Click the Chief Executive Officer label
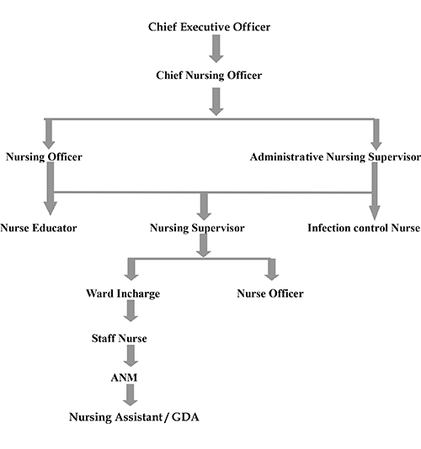[209, 27]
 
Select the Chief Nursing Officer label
[209, 76]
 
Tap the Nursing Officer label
[44, 157]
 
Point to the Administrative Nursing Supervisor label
[335, 157]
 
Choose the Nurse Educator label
[39, 228]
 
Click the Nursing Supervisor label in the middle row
[197, 228]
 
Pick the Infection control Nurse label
[364, 228]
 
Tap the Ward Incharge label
[123, 293]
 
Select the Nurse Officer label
[270, 293]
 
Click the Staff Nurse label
[120, 338]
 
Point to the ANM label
[124, 378]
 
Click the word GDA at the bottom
[185, 417]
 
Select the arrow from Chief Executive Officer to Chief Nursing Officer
[216, 49]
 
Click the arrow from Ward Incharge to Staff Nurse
[131, 311]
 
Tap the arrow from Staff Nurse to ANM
[131, 356]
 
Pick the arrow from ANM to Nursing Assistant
[131, 395]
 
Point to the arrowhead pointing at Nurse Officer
[272, 276]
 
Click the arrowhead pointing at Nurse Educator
[51, 209]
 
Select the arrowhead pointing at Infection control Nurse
[375, 213]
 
